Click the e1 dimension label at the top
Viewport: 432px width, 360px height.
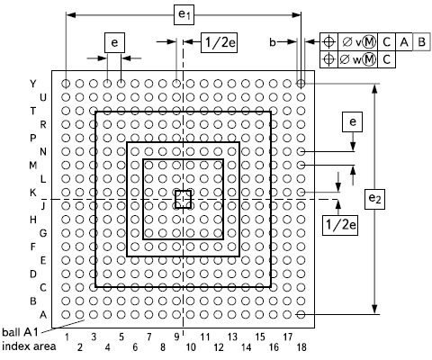pos(184,14)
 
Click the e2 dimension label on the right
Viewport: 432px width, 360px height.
pos(374,199)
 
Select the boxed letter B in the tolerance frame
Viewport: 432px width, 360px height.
pos(421,41)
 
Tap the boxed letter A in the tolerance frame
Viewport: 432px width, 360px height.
pos(404,42)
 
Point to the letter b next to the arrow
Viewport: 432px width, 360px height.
pos(273,42)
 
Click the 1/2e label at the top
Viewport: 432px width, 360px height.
pos(219,42)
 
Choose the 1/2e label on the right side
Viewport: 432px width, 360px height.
pos(340,225)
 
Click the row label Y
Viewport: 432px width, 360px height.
pos(33,84)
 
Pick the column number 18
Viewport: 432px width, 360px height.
pos(301,347)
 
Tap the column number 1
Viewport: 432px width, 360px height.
pos(67,337)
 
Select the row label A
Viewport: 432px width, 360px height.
pos(43,315)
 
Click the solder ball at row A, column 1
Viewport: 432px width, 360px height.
pos(66,314)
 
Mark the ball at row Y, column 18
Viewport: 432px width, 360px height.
pos(301,84)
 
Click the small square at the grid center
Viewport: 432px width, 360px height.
pos(183,191)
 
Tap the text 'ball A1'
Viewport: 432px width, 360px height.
pos(21,332)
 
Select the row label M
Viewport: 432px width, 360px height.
pos(33,166)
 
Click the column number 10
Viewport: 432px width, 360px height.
pos(191,347)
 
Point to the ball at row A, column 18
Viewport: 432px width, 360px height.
pos(301,314)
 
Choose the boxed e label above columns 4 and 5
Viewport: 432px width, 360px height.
pos(114,42)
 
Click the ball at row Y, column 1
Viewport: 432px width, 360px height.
pos(66,84)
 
